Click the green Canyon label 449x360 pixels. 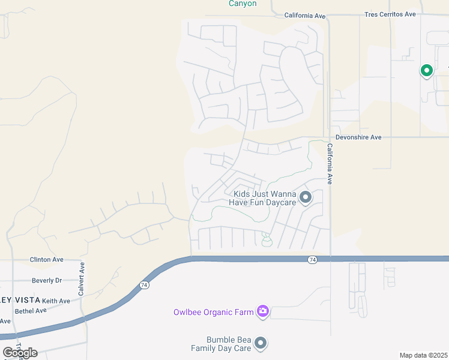tap(243, 4)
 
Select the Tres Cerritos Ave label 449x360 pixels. tap(390, 14)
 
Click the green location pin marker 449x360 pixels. tap(427, 71)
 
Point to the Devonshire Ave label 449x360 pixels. tap(358, 137)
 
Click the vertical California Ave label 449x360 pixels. tap(330, 163)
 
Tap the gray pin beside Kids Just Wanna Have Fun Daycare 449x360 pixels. tap(306, 197)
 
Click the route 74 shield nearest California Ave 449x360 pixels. tap(312, 259)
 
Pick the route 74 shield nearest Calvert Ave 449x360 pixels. tap(144, 286)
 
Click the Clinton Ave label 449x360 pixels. tap(47, 260)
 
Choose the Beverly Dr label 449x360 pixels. tap(47, 280)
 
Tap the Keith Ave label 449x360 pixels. tap(56, 301)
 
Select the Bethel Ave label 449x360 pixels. tap(31, 311)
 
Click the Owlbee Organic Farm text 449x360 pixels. tap(212, 311)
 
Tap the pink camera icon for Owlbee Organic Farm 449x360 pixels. tap(262, 311)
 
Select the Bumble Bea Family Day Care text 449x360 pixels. tap(221, 344)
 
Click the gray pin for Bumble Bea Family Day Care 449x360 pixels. tap(261, 343)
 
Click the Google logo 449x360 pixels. tap(20, 353)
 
